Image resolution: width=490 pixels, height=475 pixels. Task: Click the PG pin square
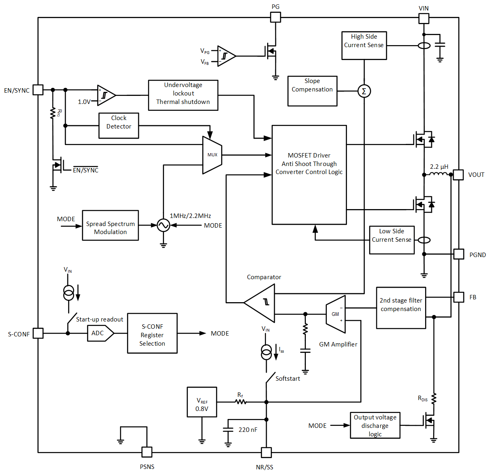click(x=275, y=17)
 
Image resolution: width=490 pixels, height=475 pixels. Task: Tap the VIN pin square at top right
click(x=424, y=19)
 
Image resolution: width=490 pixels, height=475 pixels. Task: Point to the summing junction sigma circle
click(x=364, y=91)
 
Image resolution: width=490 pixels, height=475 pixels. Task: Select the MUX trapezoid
click(x=212, y=155)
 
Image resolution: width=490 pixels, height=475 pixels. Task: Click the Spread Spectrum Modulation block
click(x=110, y=226)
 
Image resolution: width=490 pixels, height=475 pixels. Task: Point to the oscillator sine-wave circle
click(x=163, y=225)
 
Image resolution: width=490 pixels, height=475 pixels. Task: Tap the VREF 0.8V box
click(x=202, y=402)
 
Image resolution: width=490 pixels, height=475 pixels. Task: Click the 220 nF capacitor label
click(x=247, y=430)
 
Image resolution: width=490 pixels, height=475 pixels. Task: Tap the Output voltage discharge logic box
click(x=375, y=425)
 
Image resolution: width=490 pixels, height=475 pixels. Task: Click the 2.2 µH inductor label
click(x=439, y=167)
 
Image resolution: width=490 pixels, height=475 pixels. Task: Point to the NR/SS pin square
click(x=266, y=452)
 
